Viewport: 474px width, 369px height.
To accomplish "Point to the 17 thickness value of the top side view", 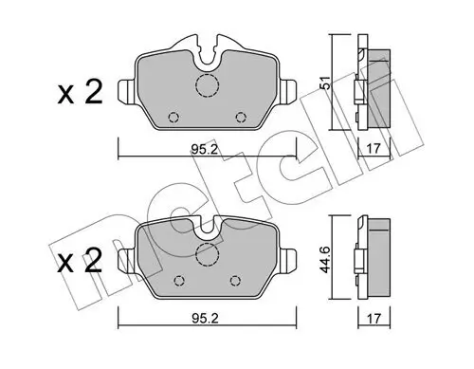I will (x=372, y=148).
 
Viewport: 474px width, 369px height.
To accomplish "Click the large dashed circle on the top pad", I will (x=207, y=87).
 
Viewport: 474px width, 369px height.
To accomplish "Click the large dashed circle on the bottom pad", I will (x=207, y=254).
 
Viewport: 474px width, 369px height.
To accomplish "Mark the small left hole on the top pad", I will (x=173, y=118).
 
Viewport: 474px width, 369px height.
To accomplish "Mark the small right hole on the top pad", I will (x=241, y=118).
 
